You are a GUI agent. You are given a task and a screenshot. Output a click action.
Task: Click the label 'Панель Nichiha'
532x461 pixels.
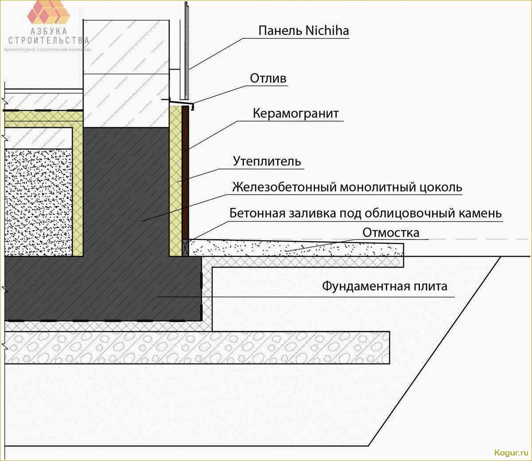(303, 31)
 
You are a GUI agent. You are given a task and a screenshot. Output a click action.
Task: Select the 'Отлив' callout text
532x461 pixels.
(268, 79)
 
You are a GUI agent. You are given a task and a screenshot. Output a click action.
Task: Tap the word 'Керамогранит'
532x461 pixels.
(296, 114)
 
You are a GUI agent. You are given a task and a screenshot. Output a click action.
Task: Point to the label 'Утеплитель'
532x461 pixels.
(267, 161)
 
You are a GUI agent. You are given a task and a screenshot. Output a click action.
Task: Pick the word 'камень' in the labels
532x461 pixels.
(480, 213)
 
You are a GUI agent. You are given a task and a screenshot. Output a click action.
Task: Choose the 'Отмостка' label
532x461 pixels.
(390, 233)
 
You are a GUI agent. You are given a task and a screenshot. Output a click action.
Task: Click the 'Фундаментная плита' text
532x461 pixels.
(384, 286)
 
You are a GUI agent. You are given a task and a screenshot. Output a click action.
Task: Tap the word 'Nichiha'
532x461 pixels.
(327, 31)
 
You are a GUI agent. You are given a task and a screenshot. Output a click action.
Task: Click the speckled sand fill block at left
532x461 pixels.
(39, 202)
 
